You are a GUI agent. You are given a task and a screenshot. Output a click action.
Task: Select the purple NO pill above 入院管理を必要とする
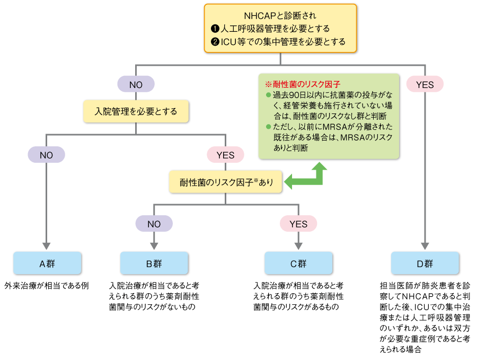136,84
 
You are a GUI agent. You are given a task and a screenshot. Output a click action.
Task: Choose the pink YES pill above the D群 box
425,84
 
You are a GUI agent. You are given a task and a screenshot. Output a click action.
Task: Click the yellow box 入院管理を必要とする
136,112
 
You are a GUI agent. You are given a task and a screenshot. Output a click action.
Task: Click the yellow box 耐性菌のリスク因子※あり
226,182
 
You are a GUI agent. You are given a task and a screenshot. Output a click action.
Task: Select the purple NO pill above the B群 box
154,224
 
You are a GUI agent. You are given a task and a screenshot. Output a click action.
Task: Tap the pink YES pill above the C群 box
298,224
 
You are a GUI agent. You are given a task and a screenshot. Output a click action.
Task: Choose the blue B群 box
154,263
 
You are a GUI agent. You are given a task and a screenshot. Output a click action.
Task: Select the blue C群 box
298,263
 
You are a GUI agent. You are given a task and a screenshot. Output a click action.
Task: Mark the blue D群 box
425,263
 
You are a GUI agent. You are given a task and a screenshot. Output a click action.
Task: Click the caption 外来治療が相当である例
46,285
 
